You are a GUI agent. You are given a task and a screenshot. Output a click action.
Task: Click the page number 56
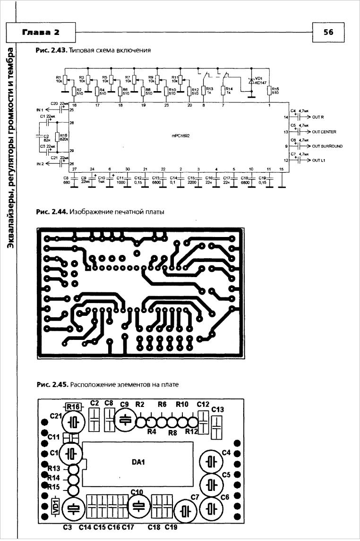pyautogui.click(x=328, y=32)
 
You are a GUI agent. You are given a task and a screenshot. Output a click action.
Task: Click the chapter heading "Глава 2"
pyautogui.click(x=41, y=32)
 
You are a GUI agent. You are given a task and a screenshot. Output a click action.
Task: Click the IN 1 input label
pyautogui.click(x=39, y=110)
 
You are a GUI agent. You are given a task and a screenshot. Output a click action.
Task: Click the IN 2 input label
pyautogui.click(x=39, y=164)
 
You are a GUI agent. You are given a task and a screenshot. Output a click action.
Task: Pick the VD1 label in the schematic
pyautogui.click(x=258, y=78)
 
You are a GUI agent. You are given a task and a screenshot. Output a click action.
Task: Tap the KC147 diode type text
pyautogui.click(x=261, y=83)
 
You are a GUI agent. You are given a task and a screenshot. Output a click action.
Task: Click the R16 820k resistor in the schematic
pyautogui.click(x=57, y=137)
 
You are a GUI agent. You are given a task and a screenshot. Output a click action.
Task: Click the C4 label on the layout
pyautogui.click(x=226, y=453)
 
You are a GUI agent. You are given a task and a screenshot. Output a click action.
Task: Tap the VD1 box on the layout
pyautogui.click(x=54, y=505)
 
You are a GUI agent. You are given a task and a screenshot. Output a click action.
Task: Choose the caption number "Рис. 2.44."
pyautogui.click(x=51, y=212)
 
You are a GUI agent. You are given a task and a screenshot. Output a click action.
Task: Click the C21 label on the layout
pyautogui.click(x=56, y=416)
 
